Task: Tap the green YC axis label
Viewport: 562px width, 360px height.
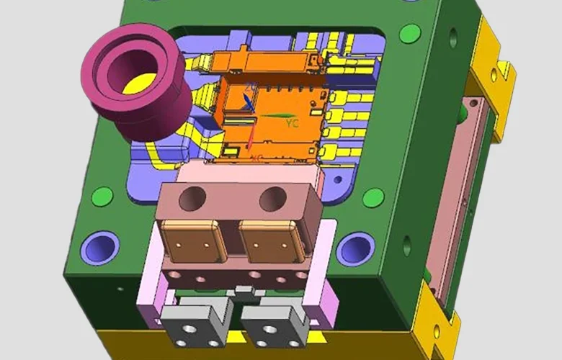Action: tap(292, 124)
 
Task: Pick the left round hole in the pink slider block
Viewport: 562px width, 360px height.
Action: tap(192, 198)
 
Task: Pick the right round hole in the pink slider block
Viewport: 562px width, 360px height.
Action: tap(274, 197)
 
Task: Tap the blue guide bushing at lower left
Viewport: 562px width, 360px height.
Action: tap(99, 246)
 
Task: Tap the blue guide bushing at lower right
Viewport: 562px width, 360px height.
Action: tap(355, 249)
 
